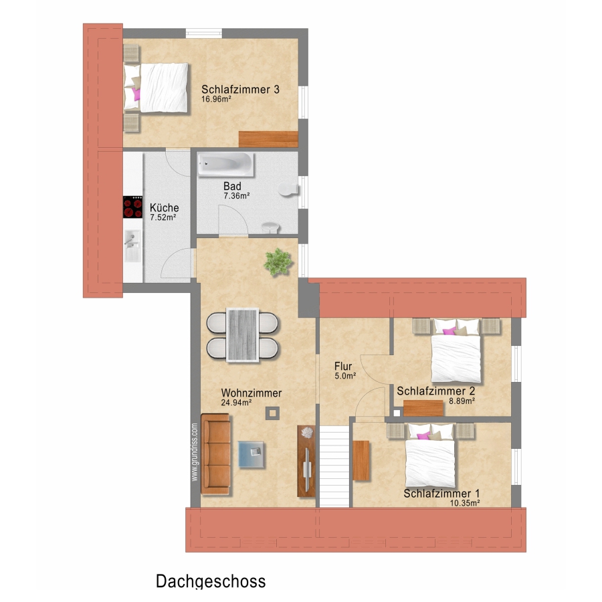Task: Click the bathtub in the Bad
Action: click(225, 165)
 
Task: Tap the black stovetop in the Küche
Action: click(133, 207)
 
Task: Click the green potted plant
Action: click(278, 262)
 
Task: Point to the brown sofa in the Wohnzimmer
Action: click(215, 454)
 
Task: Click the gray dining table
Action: click(242, 335)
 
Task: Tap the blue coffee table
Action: click(251, 454)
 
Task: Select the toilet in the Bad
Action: click(288, 189)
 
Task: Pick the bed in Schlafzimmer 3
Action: click(157, 88)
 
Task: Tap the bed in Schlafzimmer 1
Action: click(430, 456)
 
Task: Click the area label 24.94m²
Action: click(236, 403)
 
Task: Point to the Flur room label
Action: click(343, 367)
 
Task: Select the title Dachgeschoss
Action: click(211, 582)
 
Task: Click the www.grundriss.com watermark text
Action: click(195, 452)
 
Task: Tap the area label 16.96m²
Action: click(216, 99)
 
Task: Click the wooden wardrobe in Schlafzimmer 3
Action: click(268, 139)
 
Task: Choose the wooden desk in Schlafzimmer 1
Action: click(361, 461)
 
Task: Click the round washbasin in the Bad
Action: click(271, 227)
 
